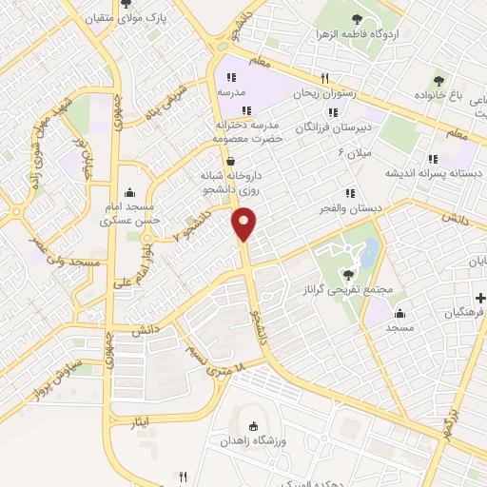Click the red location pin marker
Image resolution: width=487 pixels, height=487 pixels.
[244, 223]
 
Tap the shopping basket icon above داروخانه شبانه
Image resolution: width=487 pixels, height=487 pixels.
[231, 160]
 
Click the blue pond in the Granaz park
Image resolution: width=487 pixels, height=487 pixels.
[368, 251]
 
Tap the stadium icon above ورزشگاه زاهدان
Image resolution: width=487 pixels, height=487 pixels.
[253, 427]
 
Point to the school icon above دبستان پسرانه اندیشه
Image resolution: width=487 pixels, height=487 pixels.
[433, 159]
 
